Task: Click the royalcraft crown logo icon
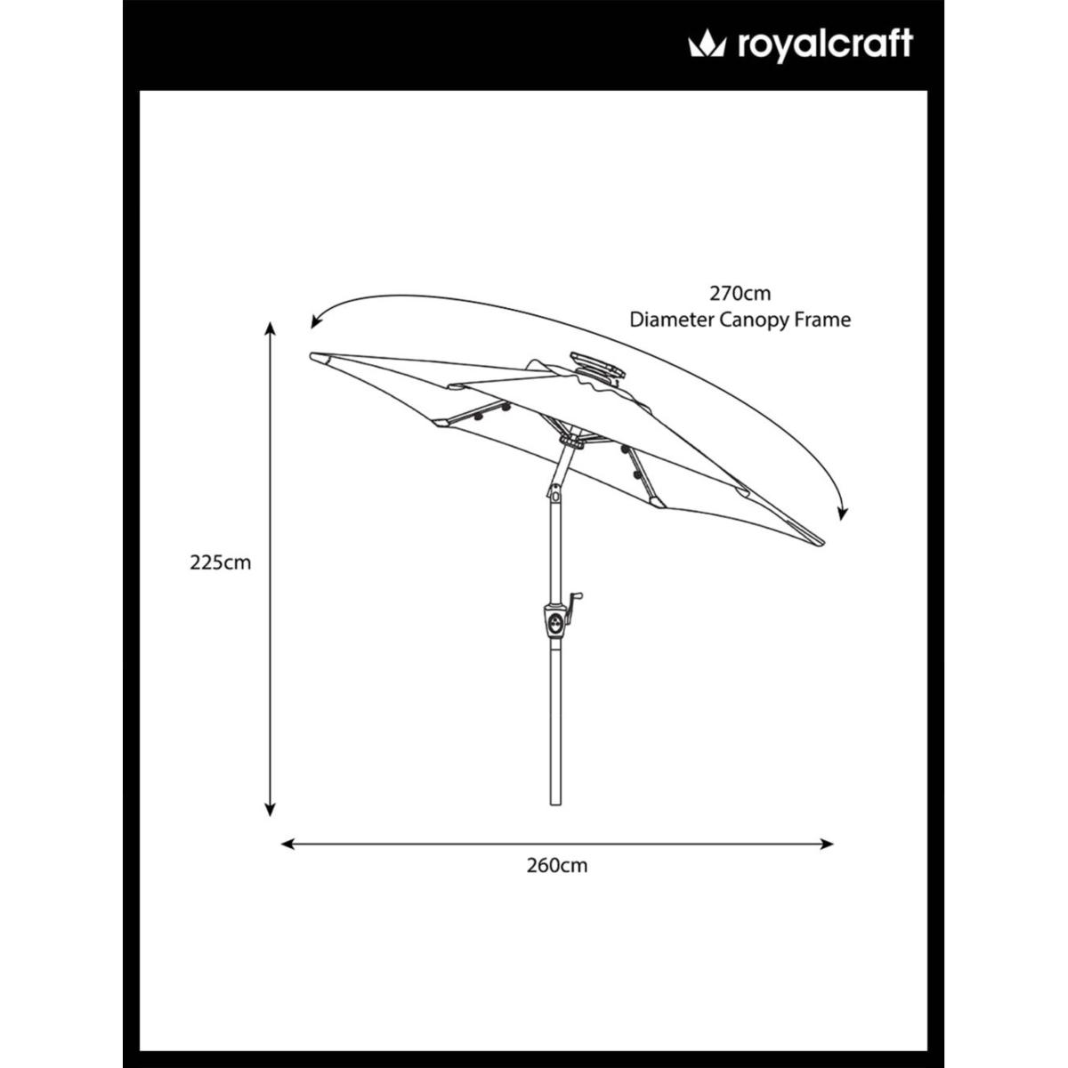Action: tap(707, 44)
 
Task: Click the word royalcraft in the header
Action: tap(825, 45)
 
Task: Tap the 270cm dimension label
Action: tap(740, 293)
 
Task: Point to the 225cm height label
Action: tap(221, 562)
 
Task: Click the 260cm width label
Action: tap(557, 866)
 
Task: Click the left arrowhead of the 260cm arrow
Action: tap(287, 844)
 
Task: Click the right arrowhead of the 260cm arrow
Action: tap(827, 844)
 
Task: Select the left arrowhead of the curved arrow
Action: tap(316, 321)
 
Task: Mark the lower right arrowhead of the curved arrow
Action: tap(843, 514)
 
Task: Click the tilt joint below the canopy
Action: tap(554, 491)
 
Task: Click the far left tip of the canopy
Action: tap(311, 355)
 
